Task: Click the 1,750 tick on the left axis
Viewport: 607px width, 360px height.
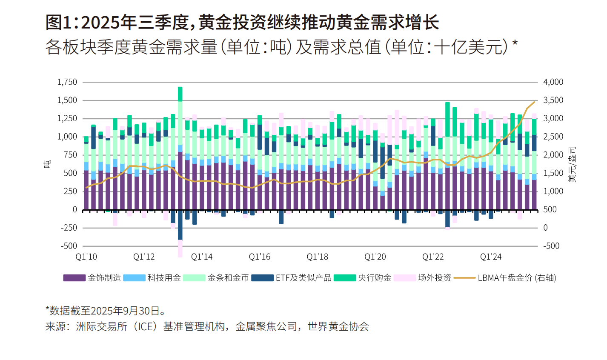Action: pyautogui.click(x=67, y=82)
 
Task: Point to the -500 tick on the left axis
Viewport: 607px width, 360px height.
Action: pyautogui.click(x=69, y=246)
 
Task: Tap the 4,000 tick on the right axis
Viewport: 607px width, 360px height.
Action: pyautogui.click(x=553, y=82)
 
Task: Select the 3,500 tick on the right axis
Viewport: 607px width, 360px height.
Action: pyautogui.click(x=553, y=100)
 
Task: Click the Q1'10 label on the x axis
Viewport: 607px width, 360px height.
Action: pyautogui.click(x=86, y=257)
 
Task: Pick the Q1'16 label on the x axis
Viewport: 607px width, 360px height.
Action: pyautogui.click(x=260, y=257)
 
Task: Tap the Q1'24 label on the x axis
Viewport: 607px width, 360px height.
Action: pyautogui.click(x=491, y=257)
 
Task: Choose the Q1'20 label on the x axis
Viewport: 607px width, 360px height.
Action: pyautogui.click(x=375, y=257)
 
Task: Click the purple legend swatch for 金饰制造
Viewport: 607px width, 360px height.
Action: pyautogui.click(x=74, y=278)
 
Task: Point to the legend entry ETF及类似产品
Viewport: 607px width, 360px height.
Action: pyautogui.click(x=303, y=278)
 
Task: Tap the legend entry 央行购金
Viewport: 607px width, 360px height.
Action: pyautogui.click(x=375, y=278)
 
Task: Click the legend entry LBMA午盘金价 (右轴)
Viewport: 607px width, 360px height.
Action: pyautogui.click(x=516, y=278)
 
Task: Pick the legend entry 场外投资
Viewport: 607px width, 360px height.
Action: pyautogui.click(x=434, y=278)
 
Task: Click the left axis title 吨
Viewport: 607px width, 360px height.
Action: pyautogui.click(x=48, y=163)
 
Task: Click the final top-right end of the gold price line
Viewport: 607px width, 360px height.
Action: pyautogui.click(x=534, y=102)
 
